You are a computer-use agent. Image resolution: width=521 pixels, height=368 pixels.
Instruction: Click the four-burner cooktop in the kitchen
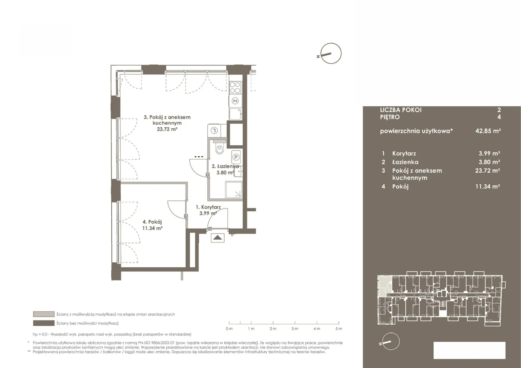235,88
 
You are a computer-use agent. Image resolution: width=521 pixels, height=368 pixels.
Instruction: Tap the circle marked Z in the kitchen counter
235,101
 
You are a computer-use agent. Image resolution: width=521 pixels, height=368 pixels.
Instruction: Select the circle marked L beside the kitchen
214,131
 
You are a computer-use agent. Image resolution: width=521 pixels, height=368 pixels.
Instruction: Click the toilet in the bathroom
219,148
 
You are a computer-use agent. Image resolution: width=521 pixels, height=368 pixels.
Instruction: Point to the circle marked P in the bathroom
236,157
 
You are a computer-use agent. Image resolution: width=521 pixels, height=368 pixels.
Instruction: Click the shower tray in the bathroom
233,190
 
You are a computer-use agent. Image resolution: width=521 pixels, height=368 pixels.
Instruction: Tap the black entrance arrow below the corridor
218,237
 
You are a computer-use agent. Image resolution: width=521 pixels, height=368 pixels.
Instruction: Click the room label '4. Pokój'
152,222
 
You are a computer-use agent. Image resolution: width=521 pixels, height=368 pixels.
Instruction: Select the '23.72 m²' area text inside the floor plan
167,129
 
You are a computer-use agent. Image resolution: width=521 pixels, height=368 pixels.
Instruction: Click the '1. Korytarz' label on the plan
208,207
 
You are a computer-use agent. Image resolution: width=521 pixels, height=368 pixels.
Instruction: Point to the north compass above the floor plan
331,53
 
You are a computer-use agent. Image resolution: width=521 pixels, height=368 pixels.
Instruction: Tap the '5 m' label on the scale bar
339,329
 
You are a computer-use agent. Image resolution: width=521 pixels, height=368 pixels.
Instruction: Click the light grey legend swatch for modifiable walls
44,314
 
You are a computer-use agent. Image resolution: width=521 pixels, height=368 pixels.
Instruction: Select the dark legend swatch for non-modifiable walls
44,323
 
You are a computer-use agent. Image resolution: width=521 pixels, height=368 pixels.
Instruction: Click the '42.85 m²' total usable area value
488,131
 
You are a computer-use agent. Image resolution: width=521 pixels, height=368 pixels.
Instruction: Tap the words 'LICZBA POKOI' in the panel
401,110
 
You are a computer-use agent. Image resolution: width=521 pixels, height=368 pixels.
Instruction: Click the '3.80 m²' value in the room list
489,162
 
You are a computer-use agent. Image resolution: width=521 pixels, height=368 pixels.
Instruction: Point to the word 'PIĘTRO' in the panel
390,117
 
